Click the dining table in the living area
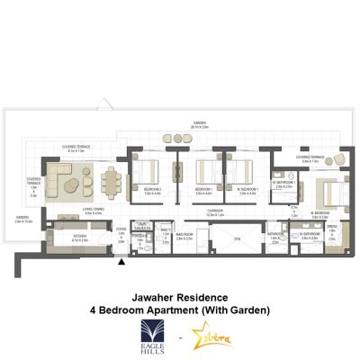(x=112, y=184)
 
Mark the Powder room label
(x=137, y=237)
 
